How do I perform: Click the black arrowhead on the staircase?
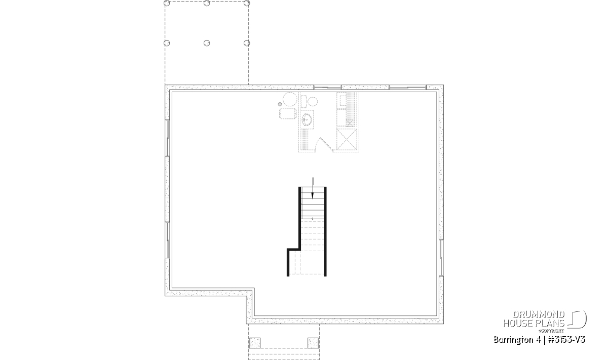point(313,195)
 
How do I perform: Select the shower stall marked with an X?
point(347,139)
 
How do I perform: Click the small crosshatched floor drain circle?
point(280,104)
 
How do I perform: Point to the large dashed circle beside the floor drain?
point(290,99)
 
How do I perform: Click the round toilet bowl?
point(313,101)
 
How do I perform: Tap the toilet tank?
point(304,101)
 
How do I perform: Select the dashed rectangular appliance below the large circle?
point(287,113)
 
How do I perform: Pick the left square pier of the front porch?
point(254,343)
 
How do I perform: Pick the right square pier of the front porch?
point(313,343)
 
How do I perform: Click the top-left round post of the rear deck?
point(167,3)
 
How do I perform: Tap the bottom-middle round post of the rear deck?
point(207,43)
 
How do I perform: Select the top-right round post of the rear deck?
point(247,3)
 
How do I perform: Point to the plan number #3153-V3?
point(567,340)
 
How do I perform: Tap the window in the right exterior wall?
point(441,258)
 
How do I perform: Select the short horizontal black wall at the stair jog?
point(294,249)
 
